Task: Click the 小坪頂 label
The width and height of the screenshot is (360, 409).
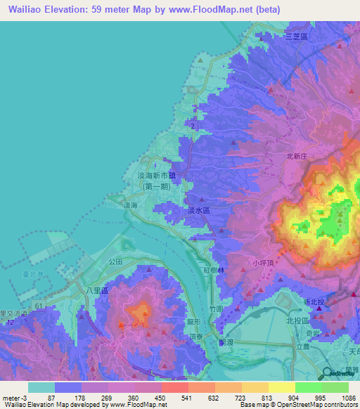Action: click(262, 264)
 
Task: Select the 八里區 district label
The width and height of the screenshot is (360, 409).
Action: click(94, 289)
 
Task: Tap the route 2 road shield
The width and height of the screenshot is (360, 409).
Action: click(192, 125)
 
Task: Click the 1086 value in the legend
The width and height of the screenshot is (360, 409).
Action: click(349, 397)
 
